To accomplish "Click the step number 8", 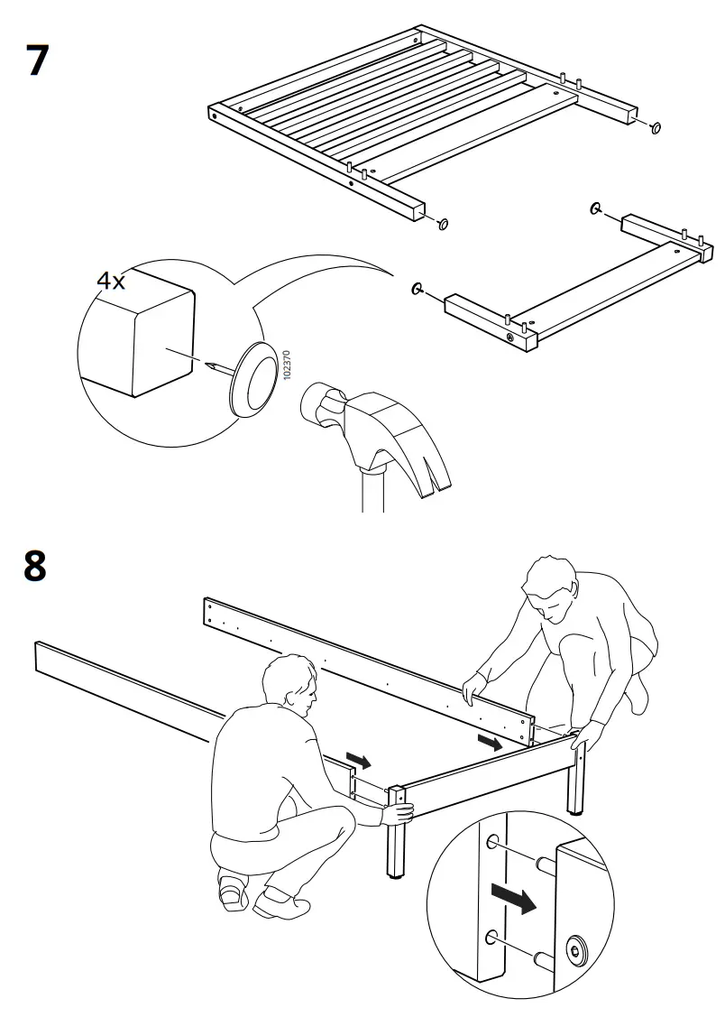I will click(x=36, y=566).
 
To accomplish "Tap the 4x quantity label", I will click(x=111, y=281).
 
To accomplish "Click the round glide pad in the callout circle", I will click(x=255, y=380).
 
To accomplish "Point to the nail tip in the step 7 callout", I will click(x=208, y=365).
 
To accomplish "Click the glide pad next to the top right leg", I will click(x=656, y=127).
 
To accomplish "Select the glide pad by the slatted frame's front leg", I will click(x=443, y=223).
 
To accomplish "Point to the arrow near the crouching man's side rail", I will click(x=358, y=761).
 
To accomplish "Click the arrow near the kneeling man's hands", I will click(x=492, y=743).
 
